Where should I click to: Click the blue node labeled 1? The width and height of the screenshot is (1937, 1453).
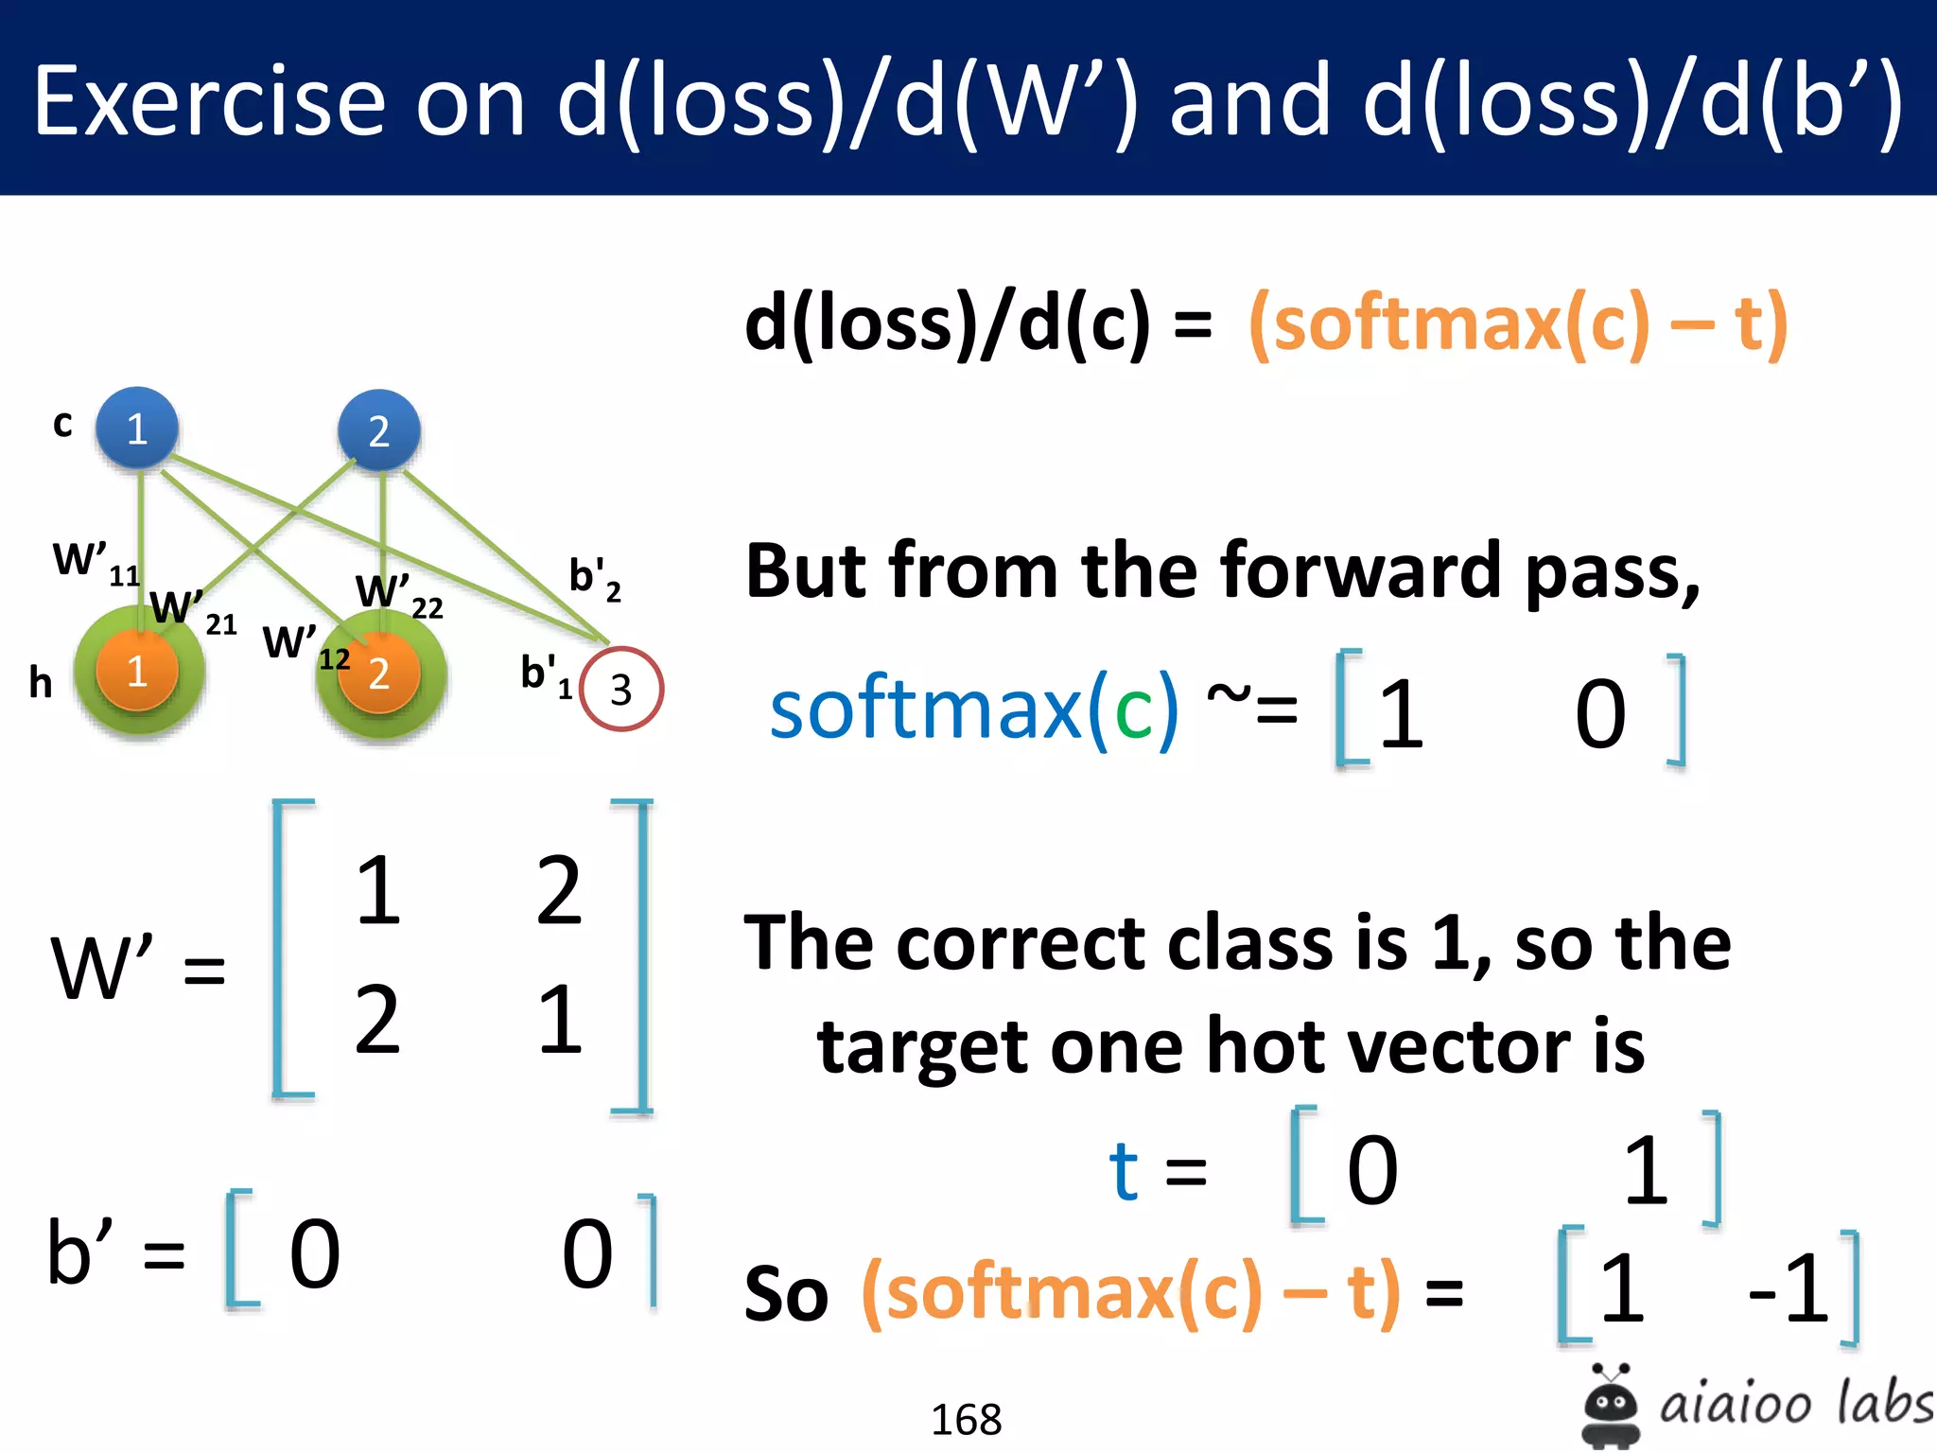click(x=137, y=429)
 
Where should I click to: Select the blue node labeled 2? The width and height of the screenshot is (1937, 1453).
click(x=379, y=431)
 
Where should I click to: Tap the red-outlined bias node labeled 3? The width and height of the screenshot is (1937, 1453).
click(x=621, y=689)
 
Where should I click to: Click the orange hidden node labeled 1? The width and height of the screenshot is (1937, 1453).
click(x=137, y=672)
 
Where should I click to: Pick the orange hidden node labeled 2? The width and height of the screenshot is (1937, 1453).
click(x=379, y=674)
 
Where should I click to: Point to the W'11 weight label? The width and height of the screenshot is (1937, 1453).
click(x=95, y=562)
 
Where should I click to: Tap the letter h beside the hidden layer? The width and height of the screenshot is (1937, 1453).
click(x=40, y=682)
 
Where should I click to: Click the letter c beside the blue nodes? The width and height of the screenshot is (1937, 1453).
click(x=62, y=423)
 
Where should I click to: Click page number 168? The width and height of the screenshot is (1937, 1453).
click(x=966, y=1419)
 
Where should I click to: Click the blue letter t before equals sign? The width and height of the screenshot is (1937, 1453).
click(x=1124, y=1171)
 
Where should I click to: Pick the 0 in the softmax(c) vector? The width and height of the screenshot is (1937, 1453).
click(x=1600, y=714)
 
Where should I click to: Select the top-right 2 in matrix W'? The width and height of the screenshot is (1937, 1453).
click(x=558, y=890)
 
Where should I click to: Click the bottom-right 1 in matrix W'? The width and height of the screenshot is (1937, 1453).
click(x=560, y=1020)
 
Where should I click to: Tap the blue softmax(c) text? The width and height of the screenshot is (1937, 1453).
click(x=974, y=709)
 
